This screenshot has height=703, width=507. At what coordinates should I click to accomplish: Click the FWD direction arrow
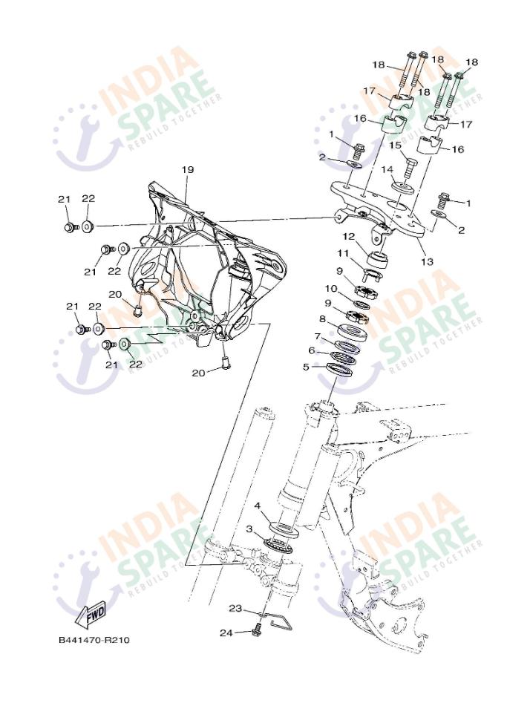[91, 614]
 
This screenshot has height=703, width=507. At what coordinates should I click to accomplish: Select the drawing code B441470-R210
[94, 640]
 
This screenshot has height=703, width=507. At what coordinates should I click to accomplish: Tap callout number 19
[187, 170]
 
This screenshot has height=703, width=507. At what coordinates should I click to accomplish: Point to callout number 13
[428, 261]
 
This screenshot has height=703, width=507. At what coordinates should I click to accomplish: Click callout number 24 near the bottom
[226, 633]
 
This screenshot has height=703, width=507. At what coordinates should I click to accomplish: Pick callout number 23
[235, 609]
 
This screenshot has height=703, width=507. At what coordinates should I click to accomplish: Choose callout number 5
[306, 367]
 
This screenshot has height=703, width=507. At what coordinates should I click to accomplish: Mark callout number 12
[349, 236]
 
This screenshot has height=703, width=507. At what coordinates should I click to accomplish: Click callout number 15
[395, 145]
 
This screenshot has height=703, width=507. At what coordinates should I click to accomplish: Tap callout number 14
[387, 169]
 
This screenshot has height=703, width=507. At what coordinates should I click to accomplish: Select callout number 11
[343, 253]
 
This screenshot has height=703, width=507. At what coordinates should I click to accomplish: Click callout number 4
[257, 506]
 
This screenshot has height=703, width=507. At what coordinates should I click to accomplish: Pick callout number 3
[249, 529]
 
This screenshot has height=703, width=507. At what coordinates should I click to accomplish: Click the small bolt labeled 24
[258, 630]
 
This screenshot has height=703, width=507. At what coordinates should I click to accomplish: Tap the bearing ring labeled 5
[339, 370]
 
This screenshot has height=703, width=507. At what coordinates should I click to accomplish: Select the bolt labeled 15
[410, 168]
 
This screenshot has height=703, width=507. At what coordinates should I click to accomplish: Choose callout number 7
[318, 336]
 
